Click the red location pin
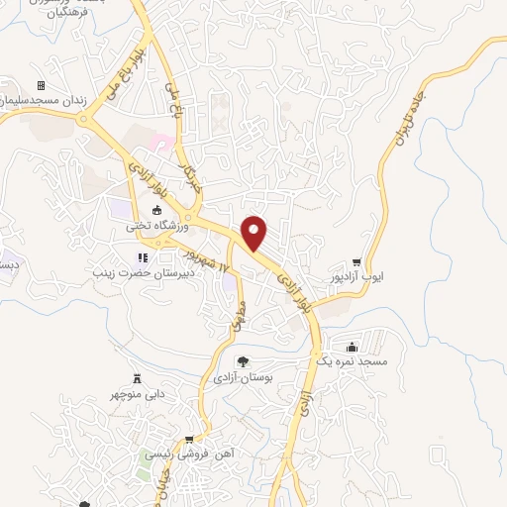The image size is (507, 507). [x=255, y=233]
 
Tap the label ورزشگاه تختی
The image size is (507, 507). [x=149, y=226]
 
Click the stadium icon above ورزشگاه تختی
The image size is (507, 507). [x=156, y=210]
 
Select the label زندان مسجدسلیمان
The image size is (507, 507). [x=39, y=102]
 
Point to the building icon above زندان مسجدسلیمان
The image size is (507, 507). [x=41, y=86]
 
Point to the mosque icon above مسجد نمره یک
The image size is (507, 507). [x=353, y=346]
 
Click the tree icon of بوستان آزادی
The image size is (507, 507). [x=243, y=361]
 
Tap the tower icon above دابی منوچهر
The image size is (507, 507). [x=137, y=378]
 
